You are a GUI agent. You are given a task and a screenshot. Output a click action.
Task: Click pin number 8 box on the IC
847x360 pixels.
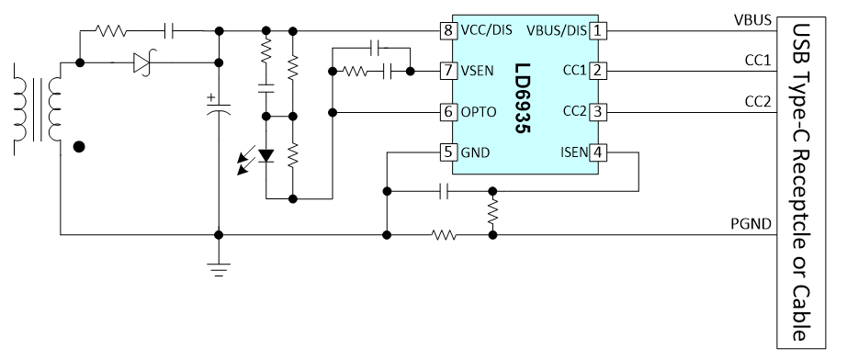[447, 30]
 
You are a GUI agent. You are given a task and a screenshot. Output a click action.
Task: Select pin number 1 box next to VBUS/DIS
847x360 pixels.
[597, 30]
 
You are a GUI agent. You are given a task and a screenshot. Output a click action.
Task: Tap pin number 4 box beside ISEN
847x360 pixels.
[597, 152]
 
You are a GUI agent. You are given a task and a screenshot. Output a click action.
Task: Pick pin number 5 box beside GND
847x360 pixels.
[447, 152]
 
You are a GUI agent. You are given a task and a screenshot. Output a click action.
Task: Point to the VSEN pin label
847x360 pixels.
[477, 71]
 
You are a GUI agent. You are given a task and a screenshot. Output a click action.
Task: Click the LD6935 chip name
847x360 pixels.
[522, 99]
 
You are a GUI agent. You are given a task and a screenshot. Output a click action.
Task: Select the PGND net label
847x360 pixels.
[751, 223]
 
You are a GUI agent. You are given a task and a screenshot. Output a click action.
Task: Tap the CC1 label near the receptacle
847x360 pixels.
[758, 61]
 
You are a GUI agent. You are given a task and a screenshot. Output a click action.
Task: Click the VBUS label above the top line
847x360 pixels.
[751, 20]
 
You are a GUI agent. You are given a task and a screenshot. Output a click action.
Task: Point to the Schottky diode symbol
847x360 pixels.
[142, 63]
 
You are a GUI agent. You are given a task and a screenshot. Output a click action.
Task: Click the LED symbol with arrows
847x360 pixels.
[256, 158]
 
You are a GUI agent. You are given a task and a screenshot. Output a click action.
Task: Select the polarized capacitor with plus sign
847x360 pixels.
[219, 106]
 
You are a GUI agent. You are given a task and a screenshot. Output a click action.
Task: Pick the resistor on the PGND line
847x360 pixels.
[444, 235]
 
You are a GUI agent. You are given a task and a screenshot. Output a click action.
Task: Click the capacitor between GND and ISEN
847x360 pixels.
[444, 191]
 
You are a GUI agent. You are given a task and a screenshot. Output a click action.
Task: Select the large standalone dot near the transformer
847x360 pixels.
[79, 147]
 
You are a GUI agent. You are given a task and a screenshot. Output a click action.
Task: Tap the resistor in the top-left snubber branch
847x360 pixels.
[111, 31]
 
